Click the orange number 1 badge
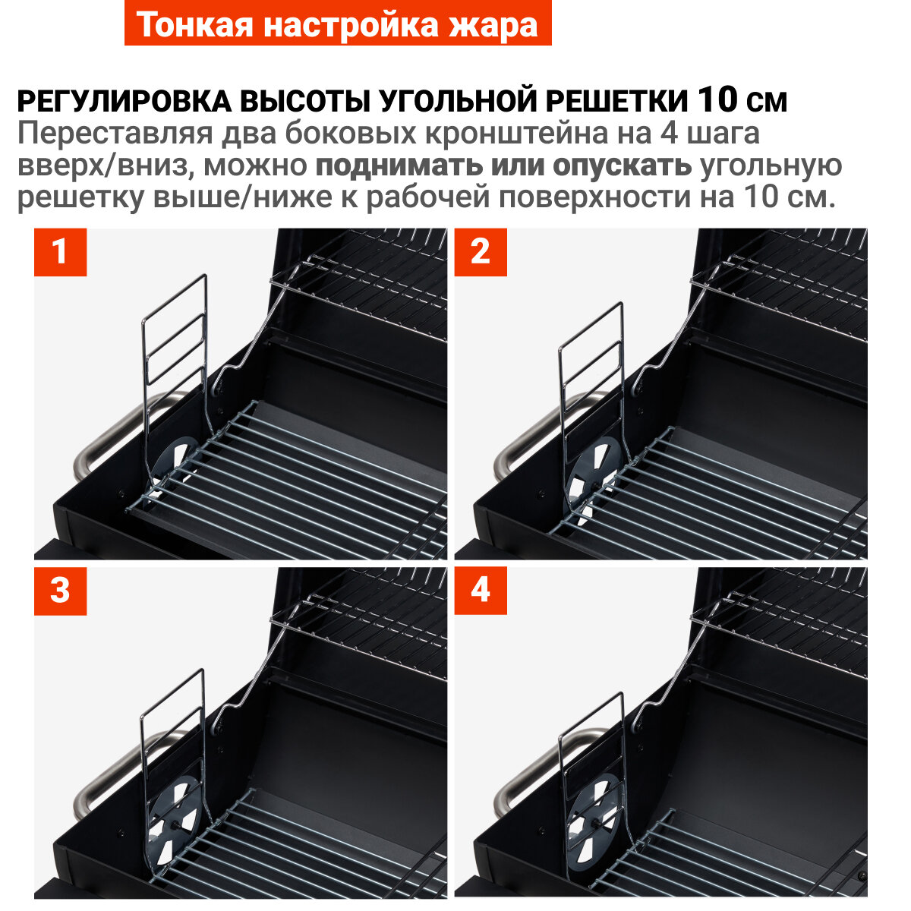[x=60, y=252]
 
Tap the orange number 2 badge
[x=481, y=252]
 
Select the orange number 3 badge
[x=60, y=591]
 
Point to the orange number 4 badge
[x=481, y=591]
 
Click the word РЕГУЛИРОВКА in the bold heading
[x=125, y=101]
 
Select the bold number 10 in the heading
[x=717, y=99]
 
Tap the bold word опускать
[x=622, y=166]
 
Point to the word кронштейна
[x=516, y=134]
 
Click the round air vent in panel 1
[x=174, y=462]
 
